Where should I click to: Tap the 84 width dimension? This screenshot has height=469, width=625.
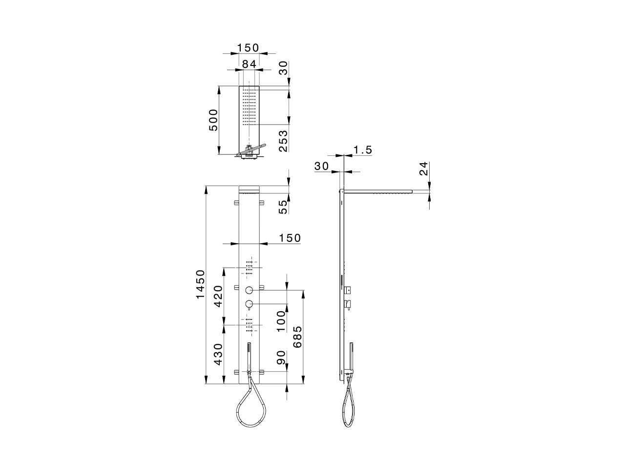pyautogui.click(x=249, y=63)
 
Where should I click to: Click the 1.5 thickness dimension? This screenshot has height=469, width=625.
pyautogui.click(x=363, y=150)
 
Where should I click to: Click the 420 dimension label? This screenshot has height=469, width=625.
pyautogui.click(x=218, y=296)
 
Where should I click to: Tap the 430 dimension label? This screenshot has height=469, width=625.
pyautogui.click(x=218, y=354)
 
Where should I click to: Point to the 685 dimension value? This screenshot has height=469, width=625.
pyautogui.click(x=297, y=337)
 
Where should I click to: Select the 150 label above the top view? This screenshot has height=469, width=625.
pyautogui.click(x=249, y=48)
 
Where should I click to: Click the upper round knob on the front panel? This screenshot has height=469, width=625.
pyautogui.click(x=250, y=290)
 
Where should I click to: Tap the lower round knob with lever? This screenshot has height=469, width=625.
pyautogui.click(x=250, y=304)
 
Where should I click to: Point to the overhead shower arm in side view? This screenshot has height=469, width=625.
pyautogui.click(x=378, y=192)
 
